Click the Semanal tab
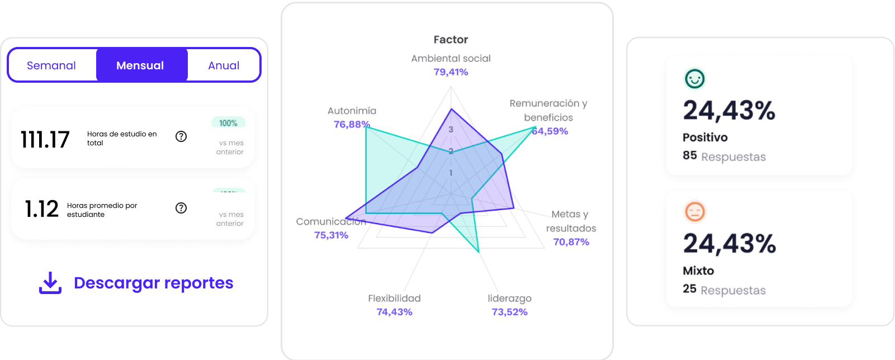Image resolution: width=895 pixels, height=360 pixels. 51,65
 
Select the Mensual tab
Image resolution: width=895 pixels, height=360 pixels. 140,65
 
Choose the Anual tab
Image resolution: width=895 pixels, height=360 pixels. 224,65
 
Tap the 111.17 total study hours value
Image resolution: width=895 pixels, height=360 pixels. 45,139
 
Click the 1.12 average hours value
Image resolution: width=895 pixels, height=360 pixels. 42,209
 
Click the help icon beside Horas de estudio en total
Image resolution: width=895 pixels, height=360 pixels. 181,136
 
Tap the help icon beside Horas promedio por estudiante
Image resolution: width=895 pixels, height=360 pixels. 181,208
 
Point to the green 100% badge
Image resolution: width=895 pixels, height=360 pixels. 228,123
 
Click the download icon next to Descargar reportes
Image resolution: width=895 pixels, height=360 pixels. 50,283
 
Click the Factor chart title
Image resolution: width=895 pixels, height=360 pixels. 451,40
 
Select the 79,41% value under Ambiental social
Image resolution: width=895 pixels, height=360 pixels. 451,72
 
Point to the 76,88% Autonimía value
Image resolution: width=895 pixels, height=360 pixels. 352,124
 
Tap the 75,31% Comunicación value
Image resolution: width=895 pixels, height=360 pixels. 331,235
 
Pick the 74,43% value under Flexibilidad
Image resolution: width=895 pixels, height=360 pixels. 394,312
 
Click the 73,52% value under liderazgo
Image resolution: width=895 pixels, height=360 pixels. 509,312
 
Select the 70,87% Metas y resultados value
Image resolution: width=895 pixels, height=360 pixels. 571,242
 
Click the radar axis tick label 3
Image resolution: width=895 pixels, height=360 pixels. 451,130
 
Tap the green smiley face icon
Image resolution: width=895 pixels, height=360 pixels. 695,79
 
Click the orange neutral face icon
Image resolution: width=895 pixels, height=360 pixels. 695,212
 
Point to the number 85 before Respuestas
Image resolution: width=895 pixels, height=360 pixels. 689,155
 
